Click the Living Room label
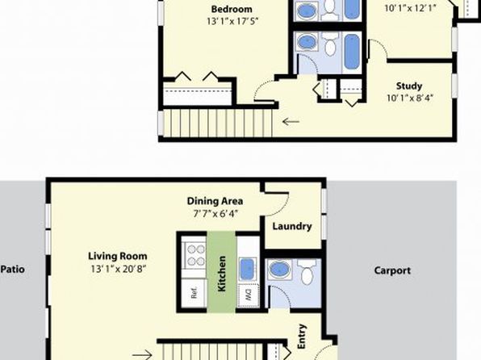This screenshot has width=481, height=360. pos(118,256)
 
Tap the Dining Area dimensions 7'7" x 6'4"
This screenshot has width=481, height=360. pos(215,214)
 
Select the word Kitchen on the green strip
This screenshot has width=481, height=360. pos(221,274)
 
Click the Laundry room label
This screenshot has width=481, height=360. pos(292,227)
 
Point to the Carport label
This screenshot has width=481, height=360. pos(392,270)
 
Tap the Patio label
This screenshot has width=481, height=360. pos(13,269)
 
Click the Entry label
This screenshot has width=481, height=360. pos(302,337)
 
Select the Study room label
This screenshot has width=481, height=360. pos(409,86)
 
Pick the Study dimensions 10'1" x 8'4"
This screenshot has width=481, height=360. pos(409,98)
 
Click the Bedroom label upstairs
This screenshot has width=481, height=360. pos(232,9)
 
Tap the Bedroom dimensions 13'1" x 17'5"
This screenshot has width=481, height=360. pos(232,22)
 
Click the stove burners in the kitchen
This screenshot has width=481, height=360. pos(194,255)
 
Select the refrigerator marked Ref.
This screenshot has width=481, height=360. pos(194,293)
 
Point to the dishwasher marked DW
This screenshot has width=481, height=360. pos(249,295)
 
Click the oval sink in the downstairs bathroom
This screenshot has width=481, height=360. pos(279,270)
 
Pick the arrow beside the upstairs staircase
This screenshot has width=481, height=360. pos(291,122)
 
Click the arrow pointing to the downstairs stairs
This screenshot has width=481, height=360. pos(142,355)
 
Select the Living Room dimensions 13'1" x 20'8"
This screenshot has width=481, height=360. pos(118,269)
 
